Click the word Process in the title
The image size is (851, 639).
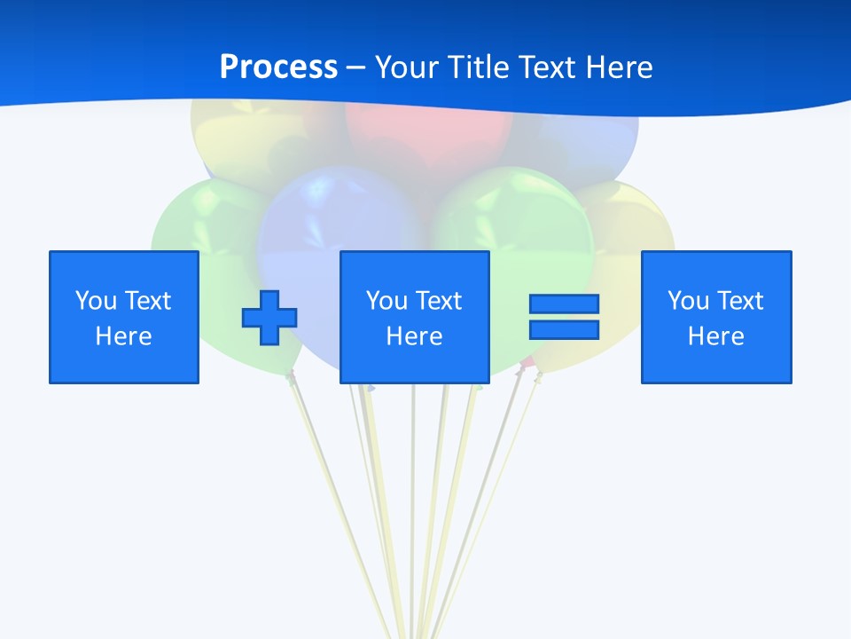pyautogui.click(x=278, y=67)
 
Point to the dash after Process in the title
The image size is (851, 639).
pyautogui.click(x=356, y=68)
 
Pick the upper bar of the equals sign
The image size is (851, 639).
pyautogui.click(x=564, y=304)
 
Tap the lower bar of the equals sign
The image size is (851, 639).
pyautogui.click(x=564, y=329)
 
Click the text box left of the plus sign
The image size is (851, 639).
pyautogui.click(x=124, y=317)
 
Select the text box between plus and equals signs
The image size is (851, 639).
pyautogui.click(x=414, y=317)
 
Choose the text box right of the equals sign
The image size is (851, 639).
pyautogui.click(x=715, y=317)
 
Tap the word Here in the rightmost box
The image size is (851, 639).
pyautogui.click(x=715, y=336)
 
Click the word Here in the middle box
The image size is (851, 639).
pyautogui.click(x=414, y=336)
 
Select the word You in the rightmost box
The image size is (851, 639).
pyautogui.click(x=688, y=301)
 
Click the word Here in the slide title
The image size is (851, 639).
pyautogui.click(x=619, y=67)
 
